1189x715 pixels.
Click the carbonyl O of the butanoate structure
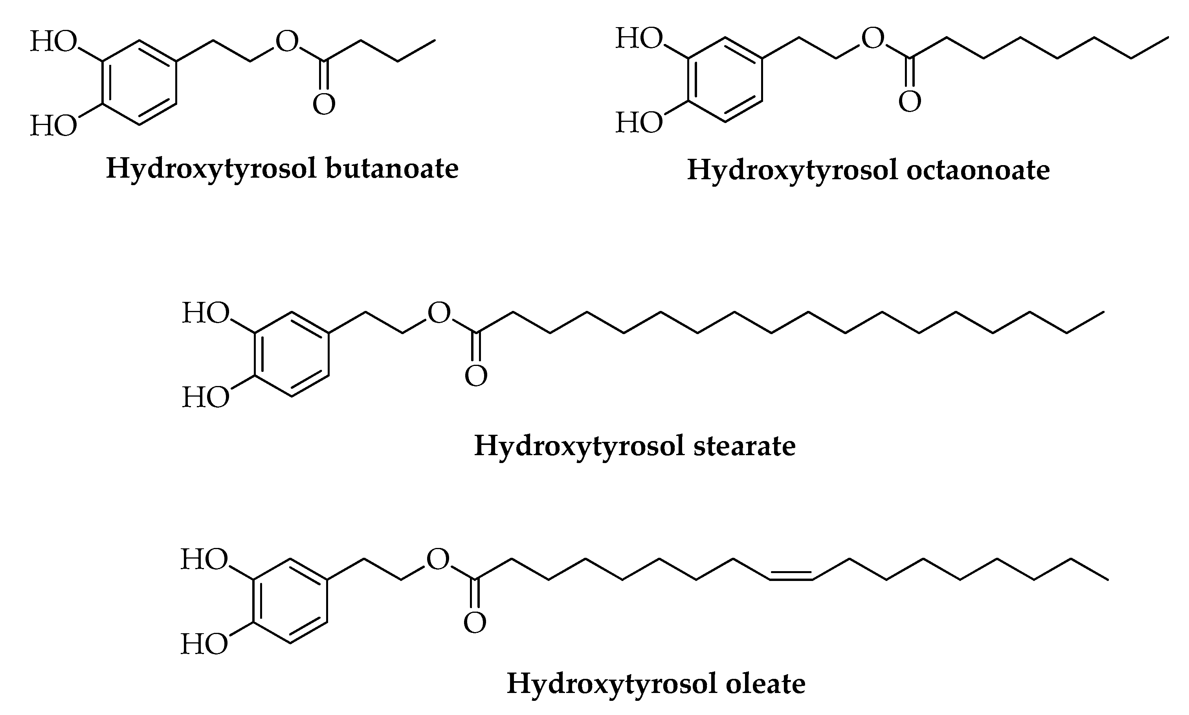324,104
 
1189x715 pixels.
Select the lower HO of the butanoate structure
53,126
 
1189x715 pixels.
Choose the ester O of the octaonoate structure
873,39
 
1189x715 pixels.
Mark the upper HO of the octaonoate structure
639,39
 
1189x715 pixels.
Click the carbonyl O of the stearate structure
476,376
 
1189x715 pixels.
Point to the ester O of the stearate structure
439,313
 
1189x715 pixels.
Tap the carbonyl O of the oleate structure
474,623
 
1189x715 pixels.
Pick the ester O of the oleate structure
438,560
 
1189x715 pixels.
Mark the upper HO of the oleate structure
204,560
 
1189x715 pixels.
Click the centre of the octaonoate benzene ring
725,81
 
